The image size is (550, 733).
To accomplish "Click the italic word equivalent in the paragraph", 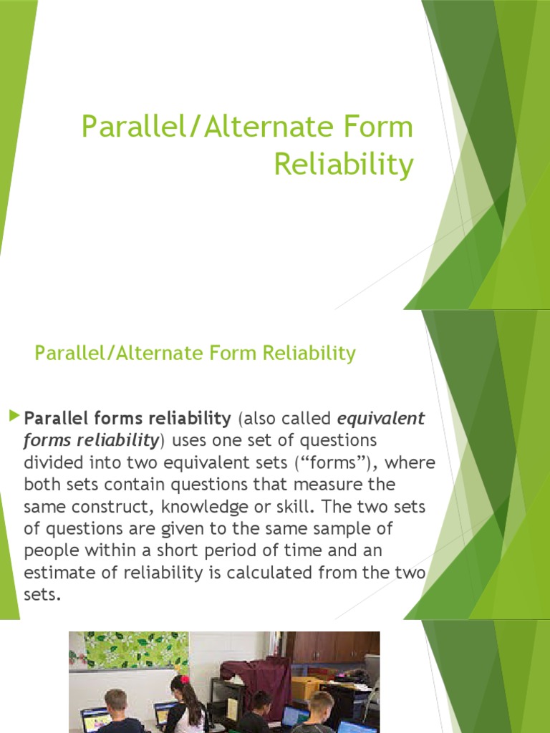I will click(381, 418).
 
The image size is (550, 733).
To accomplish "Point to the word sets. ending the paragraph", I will click(40, 596).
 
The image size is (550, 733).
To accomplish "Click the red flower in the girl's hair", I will click(183, 679).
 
